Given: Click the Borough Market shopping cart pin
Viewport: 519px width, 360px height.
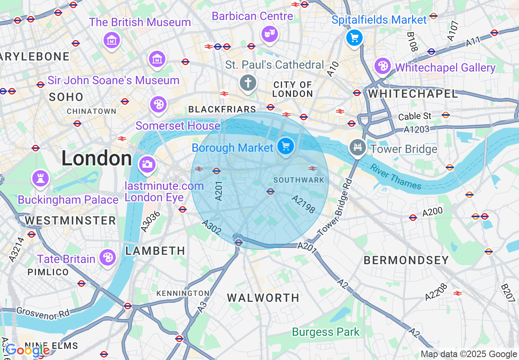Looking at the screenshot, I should click(286, 146).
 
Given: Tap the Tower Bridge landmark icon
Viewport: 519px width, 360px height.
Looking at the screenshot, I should click(358, 147).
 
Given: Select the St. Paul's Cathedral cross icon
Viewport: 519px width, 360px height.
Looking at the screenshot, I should click(248, 83).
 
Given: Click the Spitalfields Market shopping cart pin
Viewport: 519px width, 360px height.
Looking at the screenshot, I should click(354, 38).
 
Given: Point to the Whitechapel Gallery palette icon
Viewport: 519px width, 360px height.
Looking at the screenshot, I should click(382, 66).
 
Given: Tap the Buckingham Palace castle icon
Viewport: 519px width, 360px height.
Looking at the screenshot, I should click(40, 179).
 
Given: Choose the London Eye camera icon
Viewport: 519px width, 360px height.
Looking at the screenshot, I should click(147, 164).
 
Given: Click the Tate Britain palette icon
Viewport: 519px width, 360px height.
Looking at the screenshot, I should click(107, 257).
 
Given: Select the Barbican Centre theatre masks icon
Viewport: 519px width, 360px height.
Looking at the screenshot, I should click(269, 34).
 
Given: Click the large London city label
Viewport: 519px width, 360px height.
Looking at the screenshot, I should click(97, 159).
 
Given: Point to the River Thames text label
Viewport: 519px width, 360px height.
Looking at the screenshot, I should click(395, 177).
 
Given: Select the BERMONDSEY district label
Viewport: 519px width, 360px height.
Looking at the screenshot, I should click(406, 260).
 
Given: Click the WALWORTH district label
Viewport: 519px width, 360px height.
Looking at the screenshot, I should click(263, 298).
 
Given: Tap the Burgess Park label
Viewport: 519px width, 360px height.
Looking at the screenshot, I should click(326, 332).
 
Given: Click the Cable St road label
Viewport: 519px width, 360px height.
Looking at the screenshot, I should click(415, 116).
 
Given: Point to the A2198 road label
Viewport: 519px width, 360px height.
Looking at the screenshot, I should click(304, 204).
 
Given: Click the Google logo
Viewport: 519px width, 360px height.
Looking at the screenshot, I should click(27, 350).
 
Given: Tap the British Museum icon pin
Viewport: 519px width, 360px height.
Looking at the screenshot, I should click(112, 40).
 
